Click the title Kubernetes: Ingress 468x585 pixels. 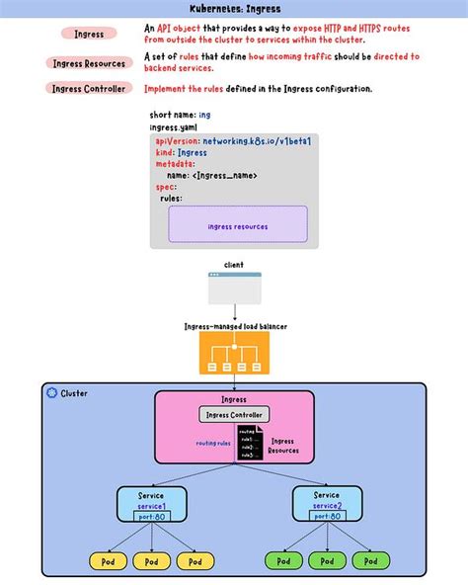point(234,8)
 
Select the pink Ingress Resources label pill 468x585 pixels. point(89,63)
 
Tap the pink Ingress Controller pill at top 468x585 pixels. point(89,88)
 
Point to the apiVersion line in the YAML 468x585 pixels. point(233,141)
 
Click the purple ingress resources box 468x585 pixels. point(238,225)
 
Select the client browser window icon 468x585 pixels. point(234,289)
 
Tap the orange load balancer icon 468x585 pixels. point(234,353)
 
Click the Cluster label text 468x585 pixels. point(74,393)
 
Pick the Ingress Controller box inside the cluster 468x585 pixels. point(234,415)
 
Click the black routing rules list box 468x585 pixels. point(248,443)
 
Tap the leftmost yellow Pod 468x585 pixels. point(108,561)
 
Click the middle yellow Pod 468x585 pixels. point(151,561)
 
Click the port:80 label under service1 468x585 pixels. point(151,516)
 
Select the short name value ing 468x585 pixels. point(204,115)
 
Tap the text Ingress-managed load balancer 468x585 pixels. point(234,325)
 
